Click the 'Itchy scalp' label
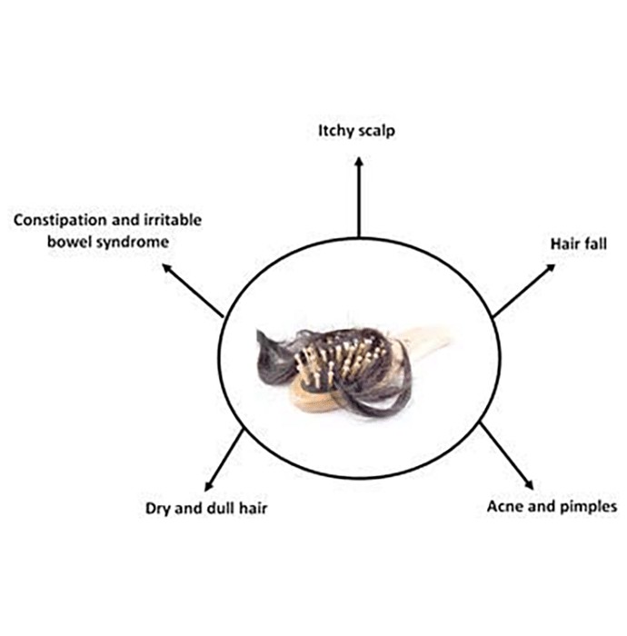(x=356, y=131)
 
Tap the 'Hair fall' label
(x=578, y=243)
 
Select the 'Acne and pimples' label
(x=552, y=507)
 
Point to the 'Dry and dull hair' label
(x=206, y=509)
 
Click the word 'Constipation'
(x=61, y=220)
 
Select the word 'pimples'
(x=588, y=507)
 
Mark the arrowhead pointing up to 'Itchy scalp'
(x=359, y=161)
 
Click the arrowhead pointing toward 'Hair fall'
(x=551, y=268)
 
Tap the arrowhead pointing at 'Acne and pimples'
(x=529, y=485)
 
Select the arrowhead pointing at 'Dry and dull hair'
(x=208, y=486)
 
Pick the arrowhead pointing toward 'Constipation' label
(x=166, y=268)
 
